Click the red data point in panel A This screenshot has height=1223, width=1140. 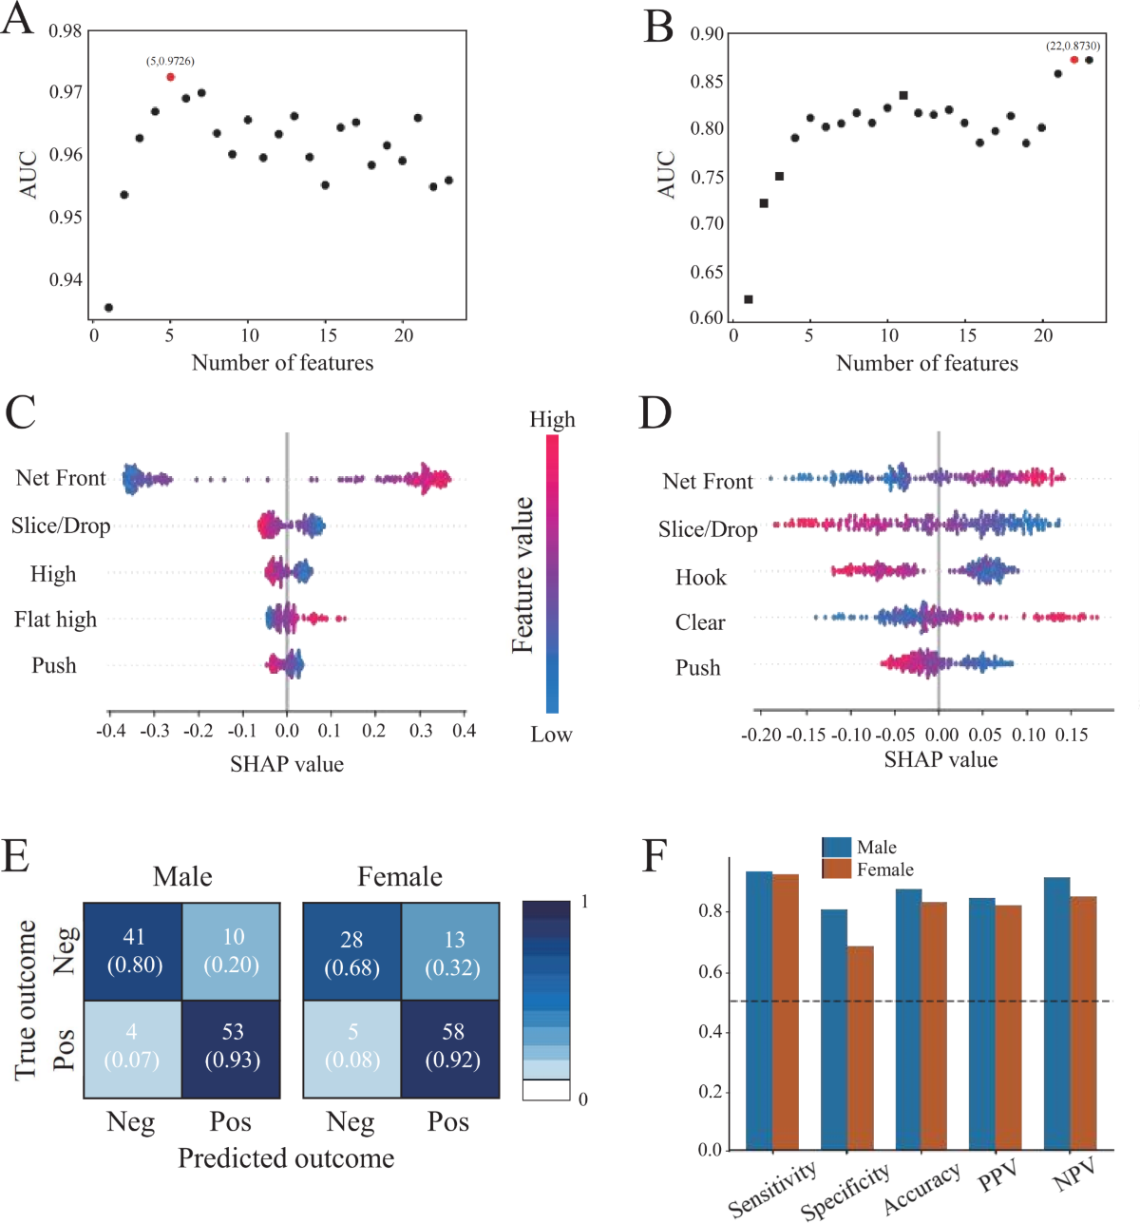coord(170,77)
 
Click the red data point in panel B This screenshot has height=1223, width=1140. coord(1073,60)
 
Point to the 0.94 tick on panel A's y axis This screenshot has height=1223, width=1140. coord(66,279)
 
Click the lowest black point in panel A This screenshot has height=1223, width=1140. coord(108,307)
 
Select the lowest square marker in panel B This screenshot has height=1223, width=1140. coord(748,299)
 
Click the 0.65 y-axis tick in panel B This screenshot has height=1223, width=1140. coord(707,272)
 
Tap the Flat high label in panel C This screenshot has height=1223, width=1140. coord(55,620)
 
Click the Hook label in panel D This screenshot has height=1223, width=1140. coord(700,577)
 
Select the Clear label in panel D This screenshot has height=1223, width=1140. coord(700,622)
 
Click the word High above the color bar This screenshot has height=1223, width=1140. coord(552,419)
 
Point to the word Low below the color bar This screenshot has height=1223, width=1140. coord(551,735)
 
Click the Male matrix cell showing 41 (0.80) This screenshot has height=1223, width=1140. coord(133,951)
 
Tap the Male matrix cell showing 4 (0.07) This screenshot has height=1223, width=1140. coord(131,1046)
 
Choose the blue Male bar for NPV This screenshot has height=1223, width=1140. coord(1056,1012)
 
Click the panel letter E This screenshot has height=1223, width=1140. coord(16,856)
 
